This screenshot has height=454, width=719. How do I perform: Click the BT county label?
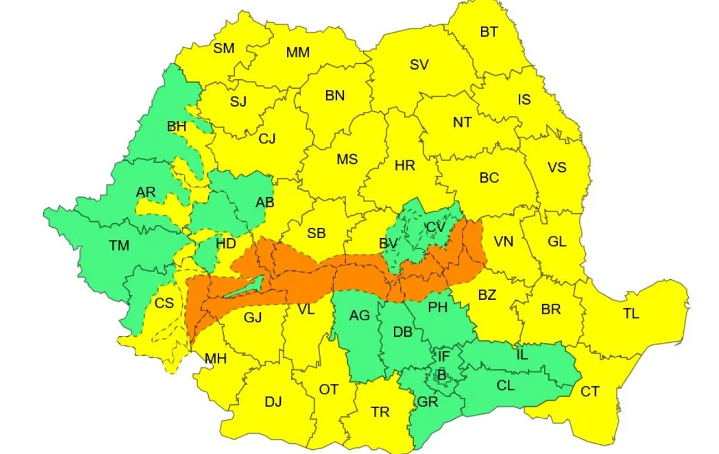coord(489,33)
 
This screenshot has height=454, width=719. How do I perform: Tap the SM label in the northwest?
coord(223,49)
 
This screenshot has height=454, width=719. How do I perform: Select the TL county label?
coord(631,314)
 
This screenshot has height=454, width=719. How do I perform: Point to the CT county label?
coord(589,392)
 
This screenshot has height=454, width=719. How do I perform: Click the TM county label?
coord(119,245)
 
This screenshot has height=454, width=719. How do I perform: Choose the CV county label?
coord(435,227)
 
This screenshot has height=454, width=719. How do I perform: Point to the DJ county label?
coord(273,401)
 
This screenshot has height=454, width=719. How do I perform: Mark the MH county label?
coord(215,359)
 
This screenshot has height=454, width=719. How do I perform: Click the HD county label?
coord(226,244)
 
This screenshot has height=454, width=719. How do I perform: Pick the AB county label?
coord(264,203)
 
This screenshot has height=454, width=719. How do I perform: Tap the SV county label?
coord(419,65)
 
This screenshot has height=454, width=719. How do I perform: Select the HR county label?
coord(404,165)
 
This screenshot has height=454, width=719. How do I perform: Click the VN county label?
coord(503,242)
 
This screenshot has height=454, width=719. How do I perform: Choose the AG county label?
coord(360,316)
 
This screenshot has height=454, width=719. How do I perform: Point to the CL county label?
coord(505,385)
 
